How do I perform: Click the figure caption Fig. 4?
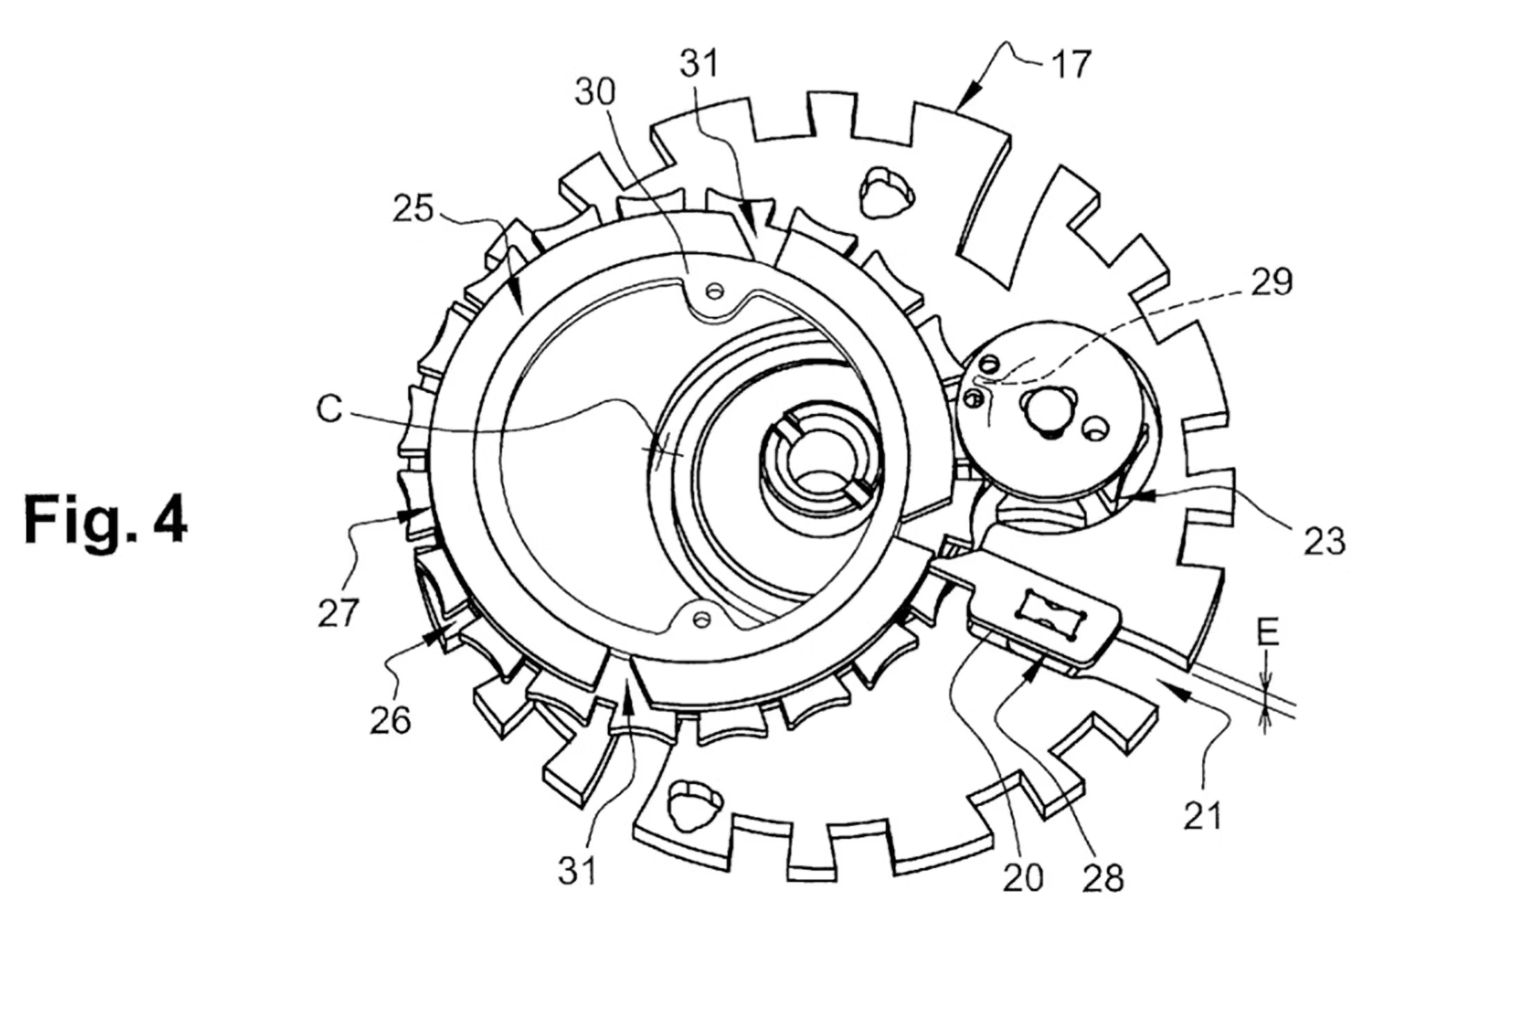(x=105, y=520)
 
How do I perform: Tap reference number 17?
(x=1071, y=64)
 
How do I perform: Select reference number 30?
(x=595, y=92)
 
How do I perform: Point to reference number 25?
(x=413, y=208)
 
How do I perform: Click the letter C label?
(x=329, y=409)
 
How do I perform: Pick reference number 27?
(x=338, y=613)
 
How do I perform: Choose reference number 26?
(x=390, y=720)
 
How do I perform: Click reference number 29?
(x=1271, y=282)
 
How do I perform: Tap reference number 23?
(x=1324, y=541)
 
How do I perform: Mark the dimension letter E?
(x=1267, y=632)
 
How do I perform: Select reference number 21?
(x=1202, y=816)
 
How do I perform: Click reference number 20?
(x=1022, y=878)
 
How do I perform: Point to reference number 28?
(x=1102, y=878)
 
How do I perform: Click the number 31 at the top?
(x=699, y=64)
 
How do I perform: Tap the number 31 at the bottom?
(x=577, y=871)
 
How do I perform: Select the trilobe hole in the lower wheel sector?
(x=693, y=805)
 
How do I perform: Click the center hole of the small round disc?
(x=1049, y=410)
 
